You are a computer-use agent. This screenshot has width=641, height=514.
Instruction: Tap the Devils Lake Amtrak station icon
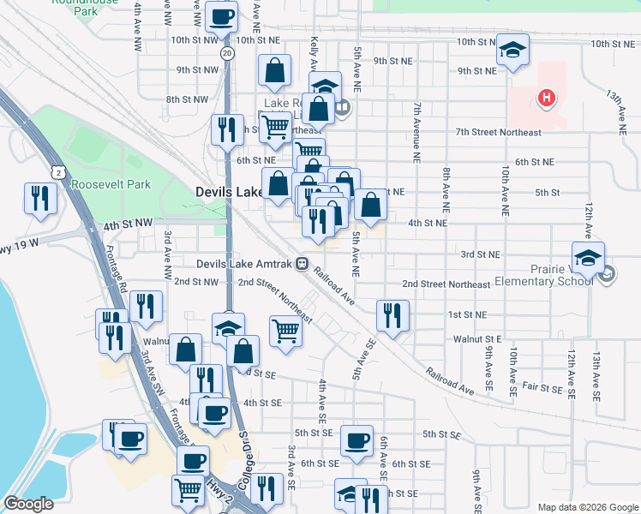click(x=303, y=265)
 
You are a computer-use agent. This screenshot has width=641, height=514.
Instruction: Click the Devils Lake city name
click(x=229, y=193)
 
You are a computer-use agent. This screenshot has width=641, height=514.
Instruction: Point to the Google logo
click(x=28, y=504)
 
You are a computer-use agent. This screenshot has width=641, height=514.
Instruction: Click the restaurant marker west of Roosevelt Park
click(x=40, y=198)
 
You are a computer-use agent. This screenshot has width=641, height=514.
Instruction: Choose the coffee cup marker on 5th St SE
click(x=357, y=441)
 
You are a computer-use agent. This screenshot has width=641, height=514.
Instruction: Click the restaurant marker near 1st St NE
click(x=392, y=314)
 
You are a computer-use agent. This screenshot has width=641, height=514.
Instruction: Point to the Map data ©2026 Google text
click(x=587, y=506)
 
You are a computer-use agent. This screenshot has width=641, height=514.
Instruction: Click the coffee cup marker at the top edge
click(x=222, y=15)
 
